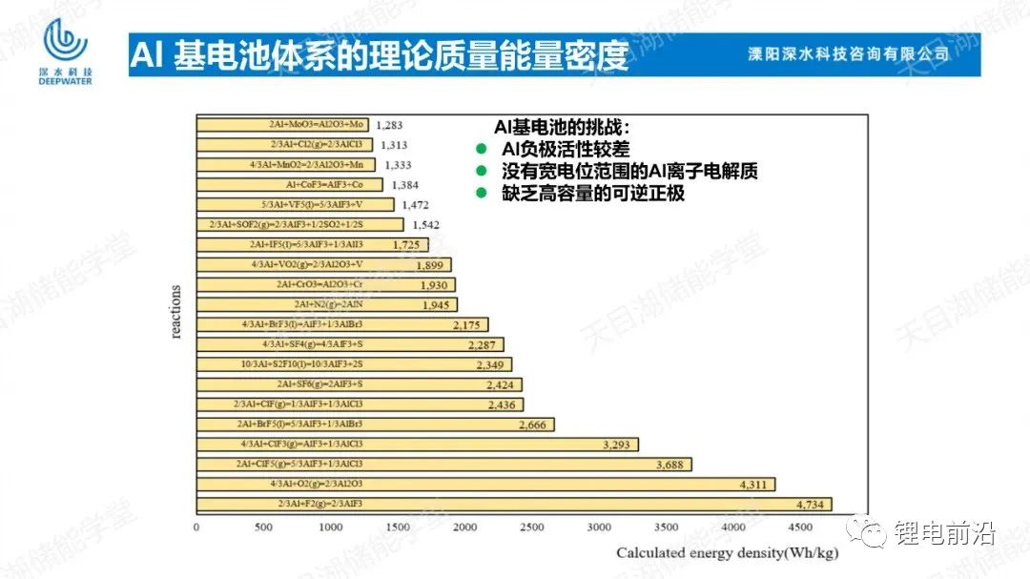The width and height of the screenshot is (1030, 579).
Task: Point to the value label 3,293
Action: (x=619, y=445)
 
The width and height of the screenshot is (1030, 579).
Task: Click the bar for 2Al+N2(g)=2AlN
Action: (x=326, y=304)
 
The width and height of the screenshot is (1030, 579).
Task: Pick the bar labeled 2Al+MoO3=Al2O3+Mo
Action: (x=282, y=124)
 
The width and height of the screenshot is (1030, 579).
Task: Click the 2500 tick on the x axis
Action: (x=532, y=527)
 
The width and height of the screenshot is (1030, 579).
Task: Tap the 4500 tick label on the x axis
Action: (x=801, y=527)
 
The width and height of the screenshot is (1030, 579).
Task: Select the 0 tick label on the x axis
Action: (x=196, y=527)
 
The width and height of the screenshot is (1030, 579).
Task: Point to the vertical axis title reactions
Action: (x=176, y=311)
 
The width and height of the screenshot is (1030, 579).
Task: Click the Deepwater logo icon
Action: (x=66, y=38)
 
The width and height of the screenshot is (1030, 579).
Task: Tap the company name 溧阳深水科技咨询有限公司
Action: (x=848, y=54)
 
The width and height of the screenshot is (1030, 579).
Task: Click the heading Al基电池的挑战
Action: (x=562, y=127)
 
